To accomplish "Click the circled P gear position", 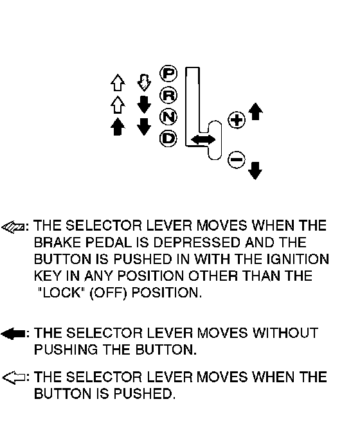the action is (x=168, y=74).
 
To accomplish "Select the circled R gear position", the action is (x=168, y=96).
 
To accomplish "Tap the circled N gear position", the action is (x=168, y=117).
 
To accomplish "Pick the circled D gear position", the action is (x=168, y=138).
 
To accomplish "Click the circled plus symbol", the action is (x=237, y=120).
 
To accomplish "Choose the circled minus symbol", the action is (x=237, y=159).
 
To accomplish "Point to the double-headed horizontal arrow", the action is (x=203, y=139).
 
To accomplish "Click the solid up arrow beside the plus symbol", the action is (x=256, y=111).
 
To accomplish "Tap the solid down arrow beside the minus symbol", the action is (x=255, y=170).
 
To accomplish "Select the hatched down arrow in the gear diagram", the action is (x=144, y=83).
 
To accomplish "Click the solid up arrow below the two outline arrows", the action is (x=118, y=127).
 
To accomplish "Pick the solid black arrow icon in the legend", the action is (x=14, y=333).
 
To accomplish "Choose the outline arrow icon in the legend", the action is (x=14, y=378).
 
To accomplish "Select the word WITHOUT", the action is (x=285, y=333).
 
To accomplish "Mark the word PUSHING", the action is (x=66, y=349).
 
